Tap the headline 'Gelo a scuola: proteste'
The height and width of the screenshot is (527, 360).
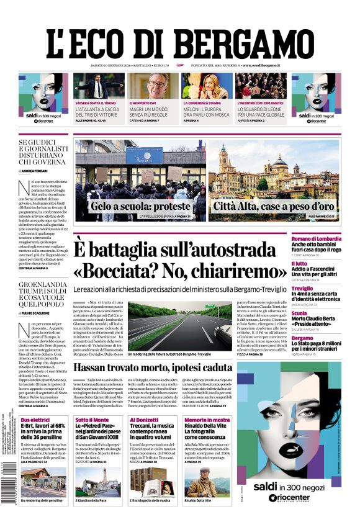[x=140, y=207]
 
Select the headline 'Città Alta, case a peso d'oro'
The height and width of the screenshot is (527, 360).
[x=274, y=207]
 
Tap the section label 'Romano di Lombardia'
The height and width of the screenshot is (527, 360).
[x=317, y=238]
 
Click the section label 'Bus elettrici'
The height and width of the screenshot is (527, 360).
[x=35, y=420]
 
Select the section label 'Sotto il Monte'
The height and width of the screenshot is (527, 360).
[x=92, y=420]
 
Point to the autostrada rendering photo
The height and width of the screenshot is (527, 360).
[x=179, y=327]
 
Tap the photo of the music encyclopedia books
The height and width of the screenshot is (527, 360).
[x=153, y=481]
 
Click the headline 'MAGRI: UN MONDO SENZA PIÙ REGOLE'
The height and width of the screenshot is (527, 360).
[x=152, y=111]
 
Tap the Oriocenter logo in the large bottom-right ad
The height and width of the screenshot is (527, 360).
[x=289, y=498]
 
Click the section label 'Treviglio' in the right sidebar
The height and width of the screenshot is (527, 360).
[x=303, y=289]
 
